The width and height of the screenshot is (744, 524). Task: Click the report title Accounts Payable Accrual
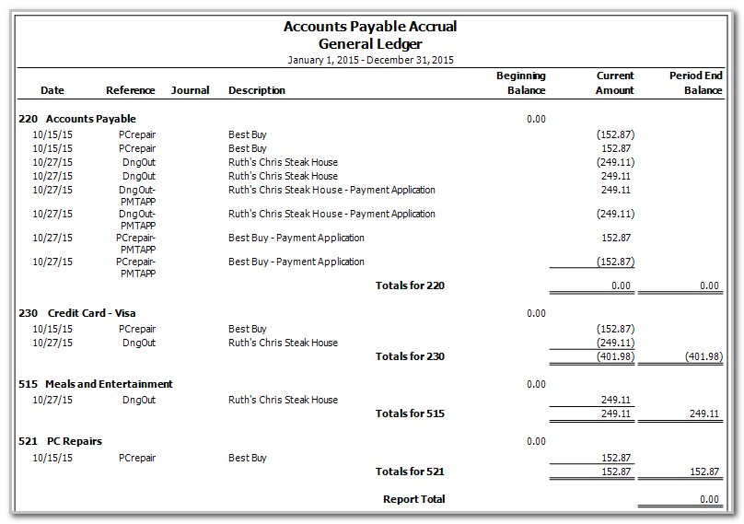pos(370,27)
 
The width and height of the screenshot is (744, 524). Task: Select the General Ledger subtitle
pos(370,43)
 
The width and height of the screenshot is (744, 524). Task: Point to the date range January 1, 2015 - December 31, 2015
pos(370,60)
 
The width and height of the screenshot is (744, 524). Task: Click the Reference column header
pos(131,90)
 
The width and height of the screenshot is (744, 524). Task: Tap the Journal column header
pos(191,90)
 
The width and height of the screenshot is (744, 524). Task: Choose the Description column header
pos(257,90)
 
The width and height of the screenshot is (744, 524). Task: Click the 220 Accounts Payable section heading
pos(77,119)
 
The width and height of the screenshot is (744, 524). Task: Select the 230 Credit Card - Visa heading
pos(77,313)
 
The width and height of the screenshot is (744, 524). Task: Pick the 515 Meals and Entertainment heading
pos(96,384)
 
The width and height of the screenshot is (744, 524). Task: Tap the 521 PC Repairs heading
pos(60,441)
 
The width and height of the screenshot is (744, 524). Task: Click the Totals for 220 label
pos(410,285)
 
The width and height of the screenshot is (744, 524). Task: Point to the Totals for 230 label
pos(410,356)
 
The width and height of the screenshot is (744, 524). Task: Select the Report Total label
pos(413,499)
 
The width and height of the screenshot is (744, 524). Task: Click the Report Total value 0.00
pos(708,499)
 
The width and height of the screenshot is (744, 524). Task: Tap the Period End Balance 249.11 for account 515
pos(703,413)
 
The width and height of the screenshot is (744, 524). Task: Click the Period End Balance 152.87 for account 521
pos(703,472)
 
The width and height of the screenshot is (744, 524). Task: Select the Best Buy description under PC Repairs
pos(248,458)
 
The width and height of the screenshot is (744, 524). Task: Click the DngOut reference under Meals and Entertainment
pos(139,400)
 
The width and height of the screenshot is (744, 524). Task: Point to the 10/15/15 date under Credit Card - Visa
pos(52,329)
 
